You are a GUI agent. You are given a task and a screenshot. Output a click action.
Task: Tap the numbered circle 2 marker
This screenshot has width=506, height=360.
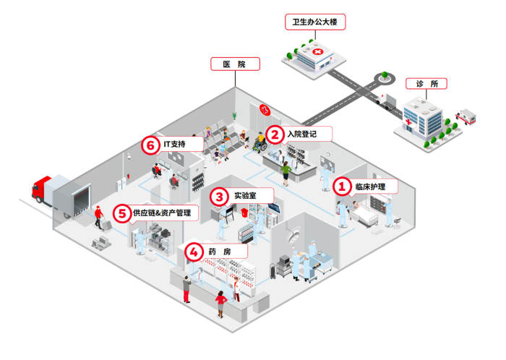point(274,134)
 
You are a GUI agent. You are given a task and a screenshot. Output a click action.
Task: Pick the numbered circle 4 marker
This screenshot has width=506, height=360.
point(194,251)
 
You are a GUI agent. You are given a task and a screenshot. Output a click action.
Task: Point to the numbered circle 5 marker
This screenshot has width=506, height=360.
point(121,213)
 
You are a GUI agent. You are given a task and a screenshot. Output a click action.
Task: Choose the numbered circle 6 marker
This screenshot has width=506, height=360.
point(150,145)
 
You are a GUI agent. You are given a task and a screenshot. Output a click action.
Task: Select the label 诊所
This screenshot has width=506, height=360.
point(426,84)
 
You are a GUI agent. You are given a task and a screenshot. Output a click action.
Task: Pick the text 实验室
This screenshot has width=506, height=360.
point(243,195)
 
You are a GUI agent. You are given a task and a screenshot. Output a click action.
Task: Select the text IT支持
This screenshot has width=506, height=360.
point(174,145)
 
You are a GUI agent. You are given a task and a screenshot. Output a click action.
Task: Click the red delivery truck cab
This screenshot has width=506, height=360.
point(41,189)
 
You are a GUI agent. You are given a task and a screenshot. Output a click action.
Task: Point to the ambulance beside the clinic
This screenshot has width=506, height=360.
point(466,116)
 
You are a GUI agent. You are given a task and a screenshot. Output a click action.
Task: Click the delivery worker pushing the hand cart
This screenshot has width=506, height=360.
point(98,216)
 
